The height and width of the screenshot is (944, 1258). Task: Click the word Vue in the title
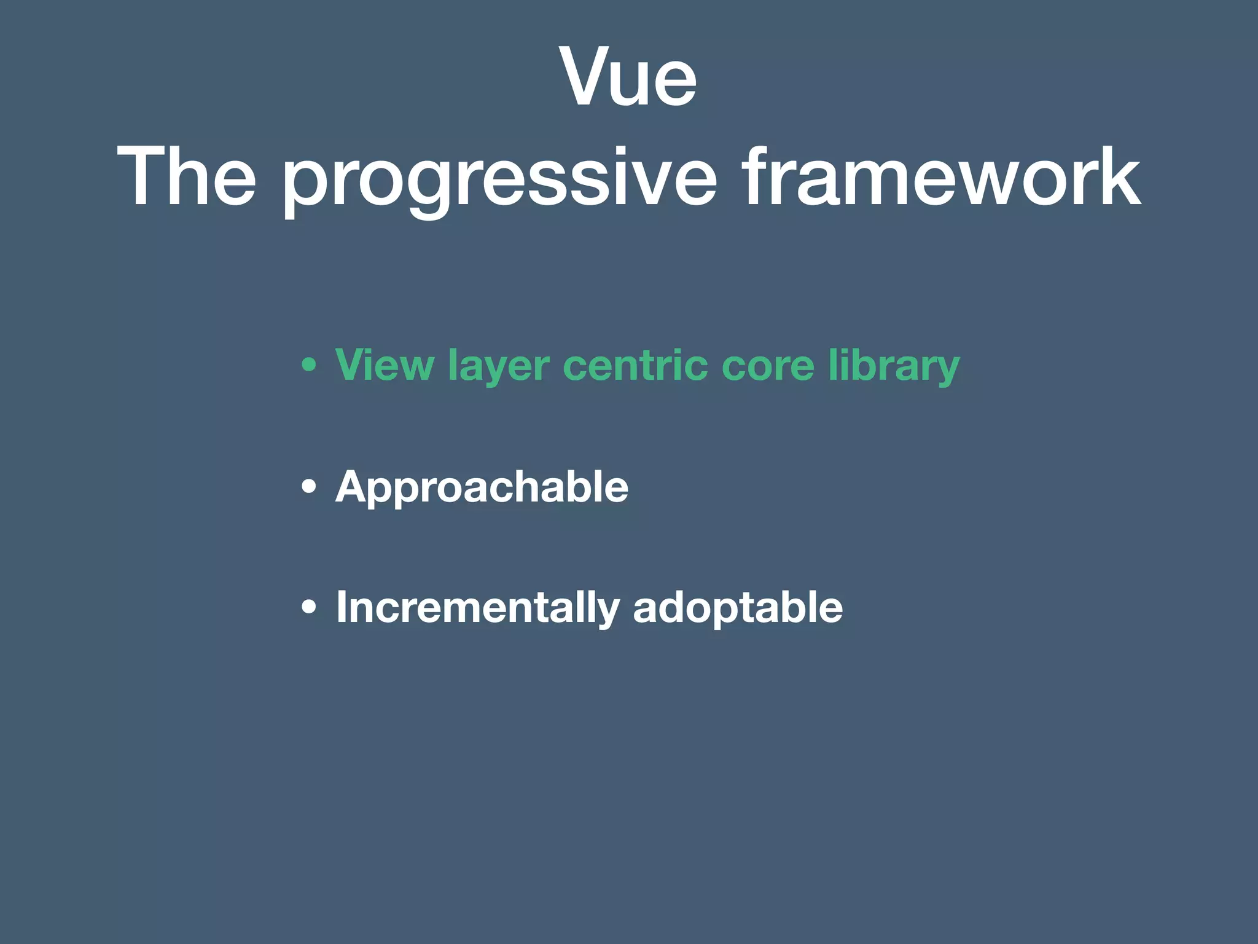(628, 77)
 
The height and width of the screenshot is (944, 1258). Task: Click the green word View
(385, 364)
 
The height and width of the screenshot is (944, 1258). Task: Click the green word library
(894, 366)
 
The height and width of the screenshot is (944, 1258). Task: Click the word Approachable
(482, 487)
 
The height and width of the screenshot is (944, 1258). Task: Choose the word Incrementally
(478, 607)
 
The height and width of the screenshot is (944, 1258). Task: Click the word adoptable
(738, 607)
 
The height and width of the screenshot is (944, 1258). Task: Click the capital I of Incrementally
(342, 607)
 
